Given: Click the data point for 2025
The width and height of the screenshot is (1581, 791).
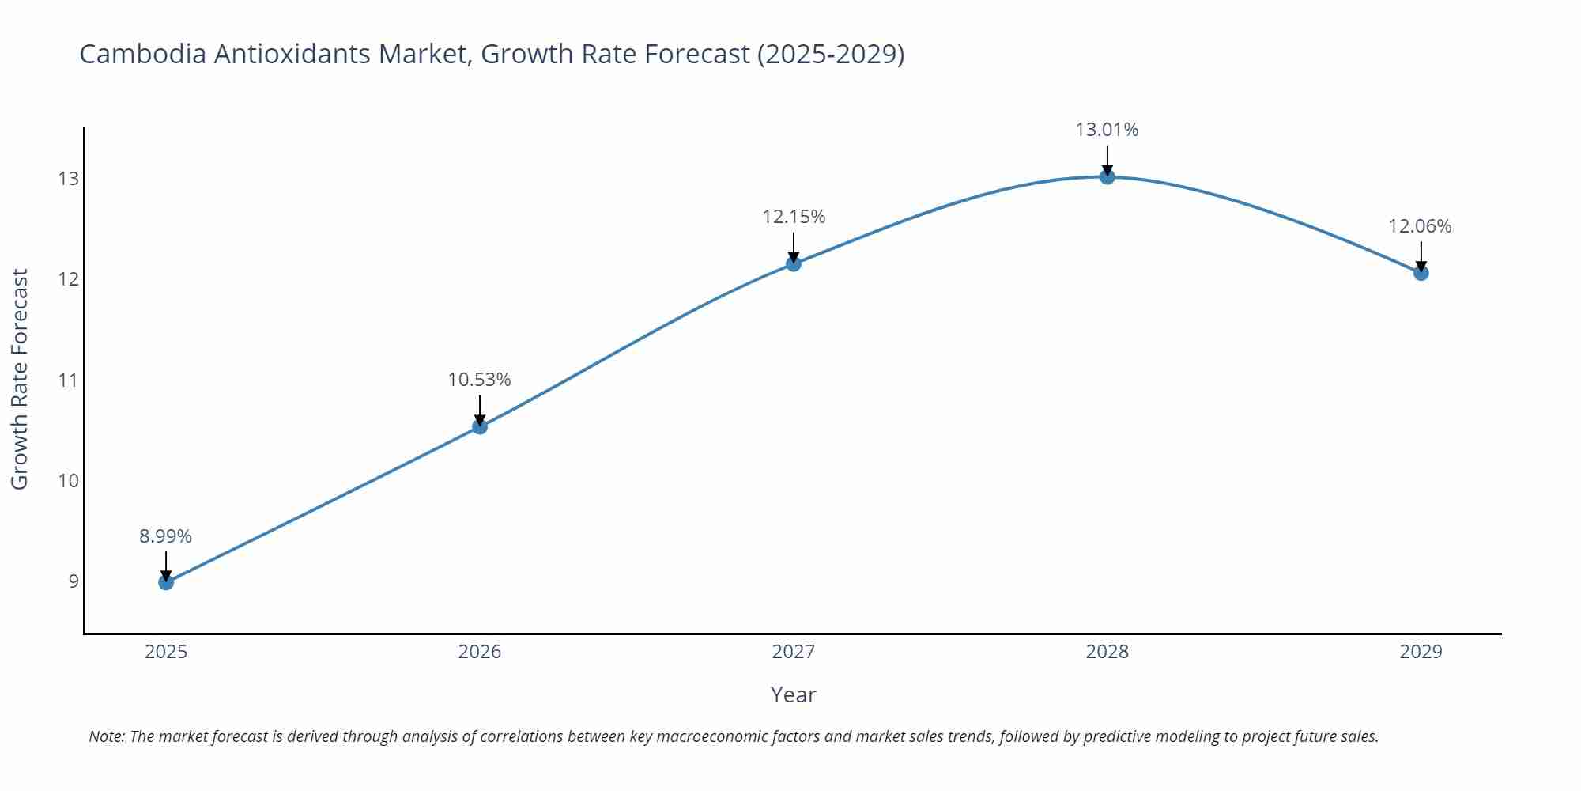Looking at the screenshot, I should [x=166, y=582].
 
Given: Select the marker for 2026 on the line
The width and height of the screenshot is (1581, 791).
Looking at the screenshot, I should [x=480, y=427].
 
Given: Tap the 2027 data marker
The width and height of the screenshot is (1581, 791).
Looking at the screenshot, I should [x=794, y=263].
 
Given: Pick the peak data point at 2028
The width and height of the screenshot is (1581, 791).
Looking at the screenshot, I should [x=1107, y=176].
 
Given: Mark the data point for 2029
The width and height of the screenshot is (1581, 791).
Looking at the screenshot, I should [x=1421, y=273].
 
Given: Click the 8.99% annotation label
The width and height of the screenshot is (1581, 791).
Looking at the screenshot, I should [x=166, y=536].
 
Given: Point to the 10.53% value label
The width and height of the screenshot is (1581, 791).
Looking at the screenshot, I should [x=480, y=380].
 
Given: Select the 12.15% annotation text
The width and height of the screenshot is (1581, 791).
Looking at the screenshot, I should [x=794, y=217].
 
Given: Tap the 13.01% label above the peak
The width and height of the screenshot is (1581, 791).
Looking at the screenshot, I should [x=1107, y=130].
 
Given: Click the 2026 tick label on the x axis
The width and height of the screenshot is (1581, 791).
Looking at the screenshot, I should [x=480, y=652].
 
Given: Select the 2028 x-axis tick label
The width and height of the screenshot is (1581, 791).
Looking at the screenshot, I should [x=1107, y=652].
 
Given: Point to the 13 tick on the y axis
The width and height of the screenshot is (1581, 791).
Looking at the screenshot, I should [x=69, y=179].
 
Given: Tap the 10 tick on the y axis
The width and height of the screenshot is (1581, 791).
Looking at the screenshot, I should [x=69, y=481].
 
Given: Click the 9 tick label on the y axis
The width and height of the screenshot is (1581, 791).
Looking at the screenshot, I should [x=74, y=581].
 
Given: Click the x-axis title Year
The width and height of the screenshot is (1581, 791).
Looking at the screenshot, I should [x=793, y=694].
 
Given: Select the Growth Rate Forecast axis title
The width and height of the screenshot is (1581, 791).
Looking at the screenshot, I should [x=20, y=379].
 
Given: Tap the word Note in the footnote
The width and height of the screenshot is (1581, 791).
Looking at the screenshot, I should [x=106, y=736].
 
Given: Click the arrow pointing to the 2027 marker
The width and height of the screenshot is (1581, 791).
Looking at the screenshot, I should [x=794, y=247].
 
